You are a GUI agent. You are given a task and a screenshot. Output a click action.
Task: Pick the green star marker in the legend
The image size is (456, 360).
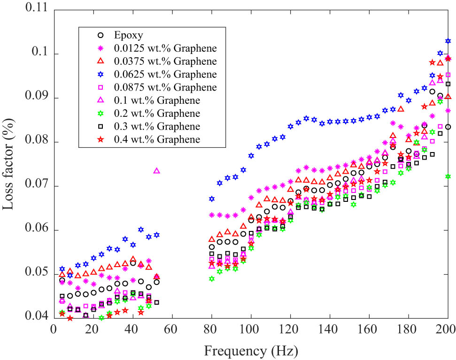pos(100,113)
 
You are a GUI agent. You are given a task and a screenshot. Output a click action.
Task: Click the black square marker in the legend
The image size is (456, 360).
pos(100,126)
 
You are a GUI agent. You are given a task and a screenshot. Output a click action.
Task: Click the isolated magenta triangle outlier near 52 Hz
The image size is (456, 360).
pos(156,171)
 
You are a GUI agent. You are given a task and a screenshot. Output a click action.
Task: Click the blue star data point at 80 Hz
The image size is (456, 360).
pos(211,199)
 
